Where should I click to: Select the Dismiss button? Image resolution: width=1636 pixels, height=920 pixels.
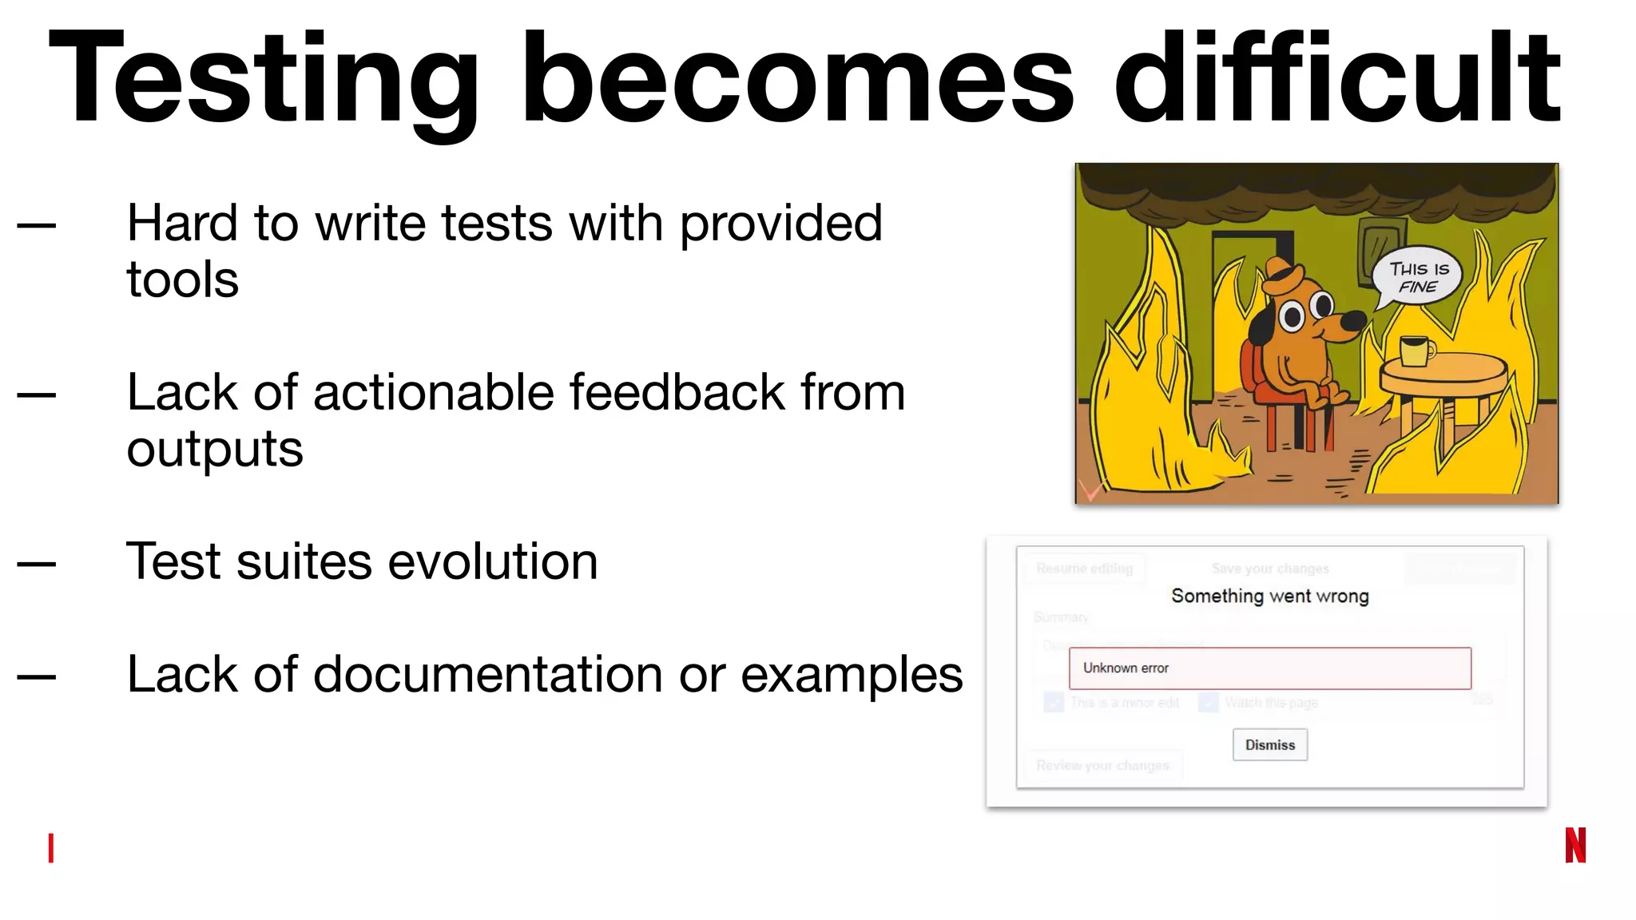[x=1269, y=744]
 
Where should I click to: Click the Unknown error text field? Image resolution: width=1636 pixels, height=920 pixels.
[x=1269, y=668]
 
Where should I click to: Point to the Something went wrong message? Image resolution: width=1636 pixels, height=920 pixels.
[x=1269, y=596]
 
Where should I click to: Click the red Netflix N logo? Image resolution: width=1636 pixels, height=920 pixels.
[x=1575, y=845]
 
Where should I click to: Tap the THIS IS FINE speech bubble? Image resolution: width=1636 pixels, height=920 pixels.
[x=1417, y=277]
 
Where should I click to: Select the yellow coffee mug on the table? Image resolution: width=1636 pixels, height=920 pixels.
[x=1416, y=351]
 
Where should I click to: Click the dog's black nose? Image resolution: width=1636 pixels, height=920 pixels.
[x=1353, y=320]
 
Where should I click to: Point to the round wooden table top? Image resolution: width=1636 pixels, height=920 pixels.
[x=1443, y=372]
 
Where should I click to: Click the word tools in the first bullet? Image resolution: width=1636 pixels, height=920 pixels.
[x=182, y=280]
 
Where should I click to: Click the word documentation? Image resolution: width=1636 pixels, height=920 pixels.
[x=488, y=675]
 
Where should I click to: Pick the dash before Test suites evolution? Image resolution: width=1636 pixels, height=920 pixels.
[x=37, y=564]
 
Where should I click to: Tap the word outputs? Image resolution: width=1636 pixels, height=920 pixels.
[x=215, y=450]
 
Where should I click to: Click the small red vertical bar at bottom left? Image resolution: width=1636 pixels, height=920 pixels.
[x=51, y=847]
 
